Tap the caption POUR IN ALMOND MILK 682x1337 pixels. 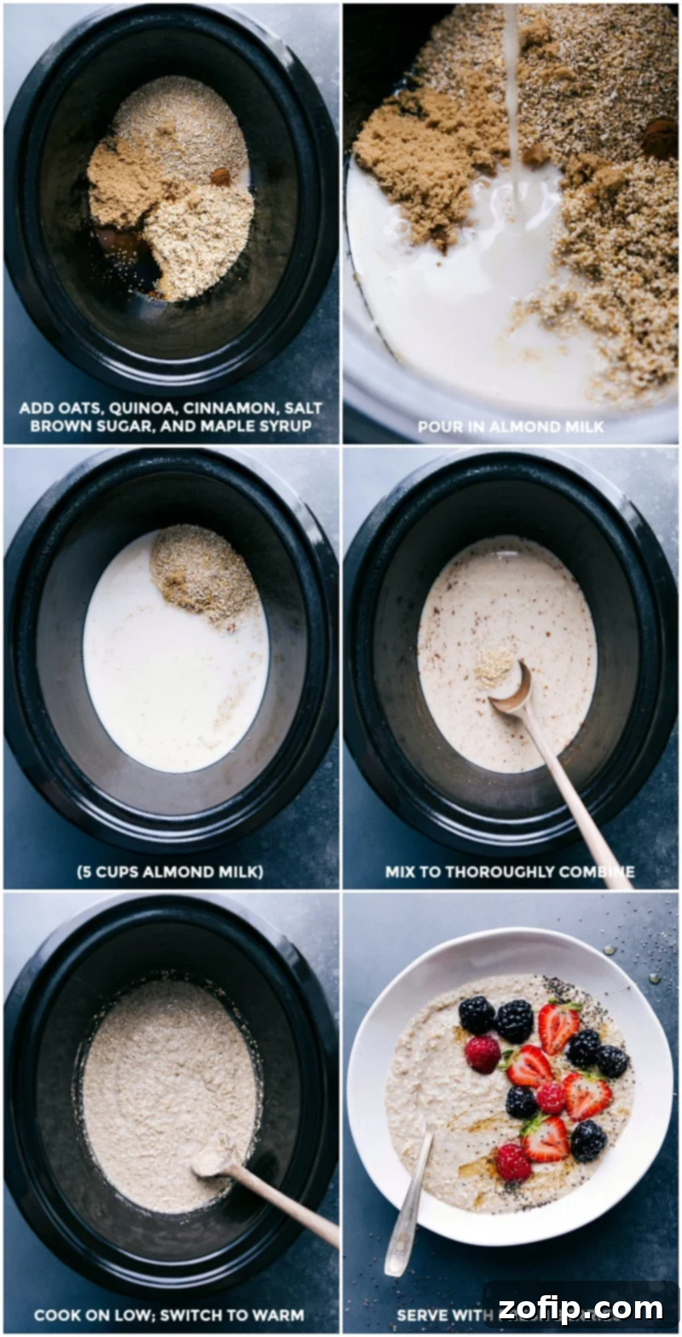point(511,426)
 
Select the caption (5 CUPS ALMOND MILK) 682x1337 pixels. point(169,871)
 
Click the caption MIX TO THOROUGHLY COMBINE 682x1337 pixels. point(509,871)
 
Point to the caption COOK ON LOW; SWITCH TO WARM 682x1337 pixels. point(169,1314)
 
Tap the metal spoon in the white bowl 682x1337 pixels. point(407,1202)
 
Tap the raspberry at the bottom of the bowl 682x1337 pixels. point(513,1162)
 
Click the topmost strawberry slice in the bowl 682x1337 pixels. point(558,1027)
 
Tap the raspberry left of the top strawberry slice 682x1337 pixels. point(483,1054)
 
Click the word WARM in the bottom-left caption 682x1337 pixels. point(280,1314)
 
